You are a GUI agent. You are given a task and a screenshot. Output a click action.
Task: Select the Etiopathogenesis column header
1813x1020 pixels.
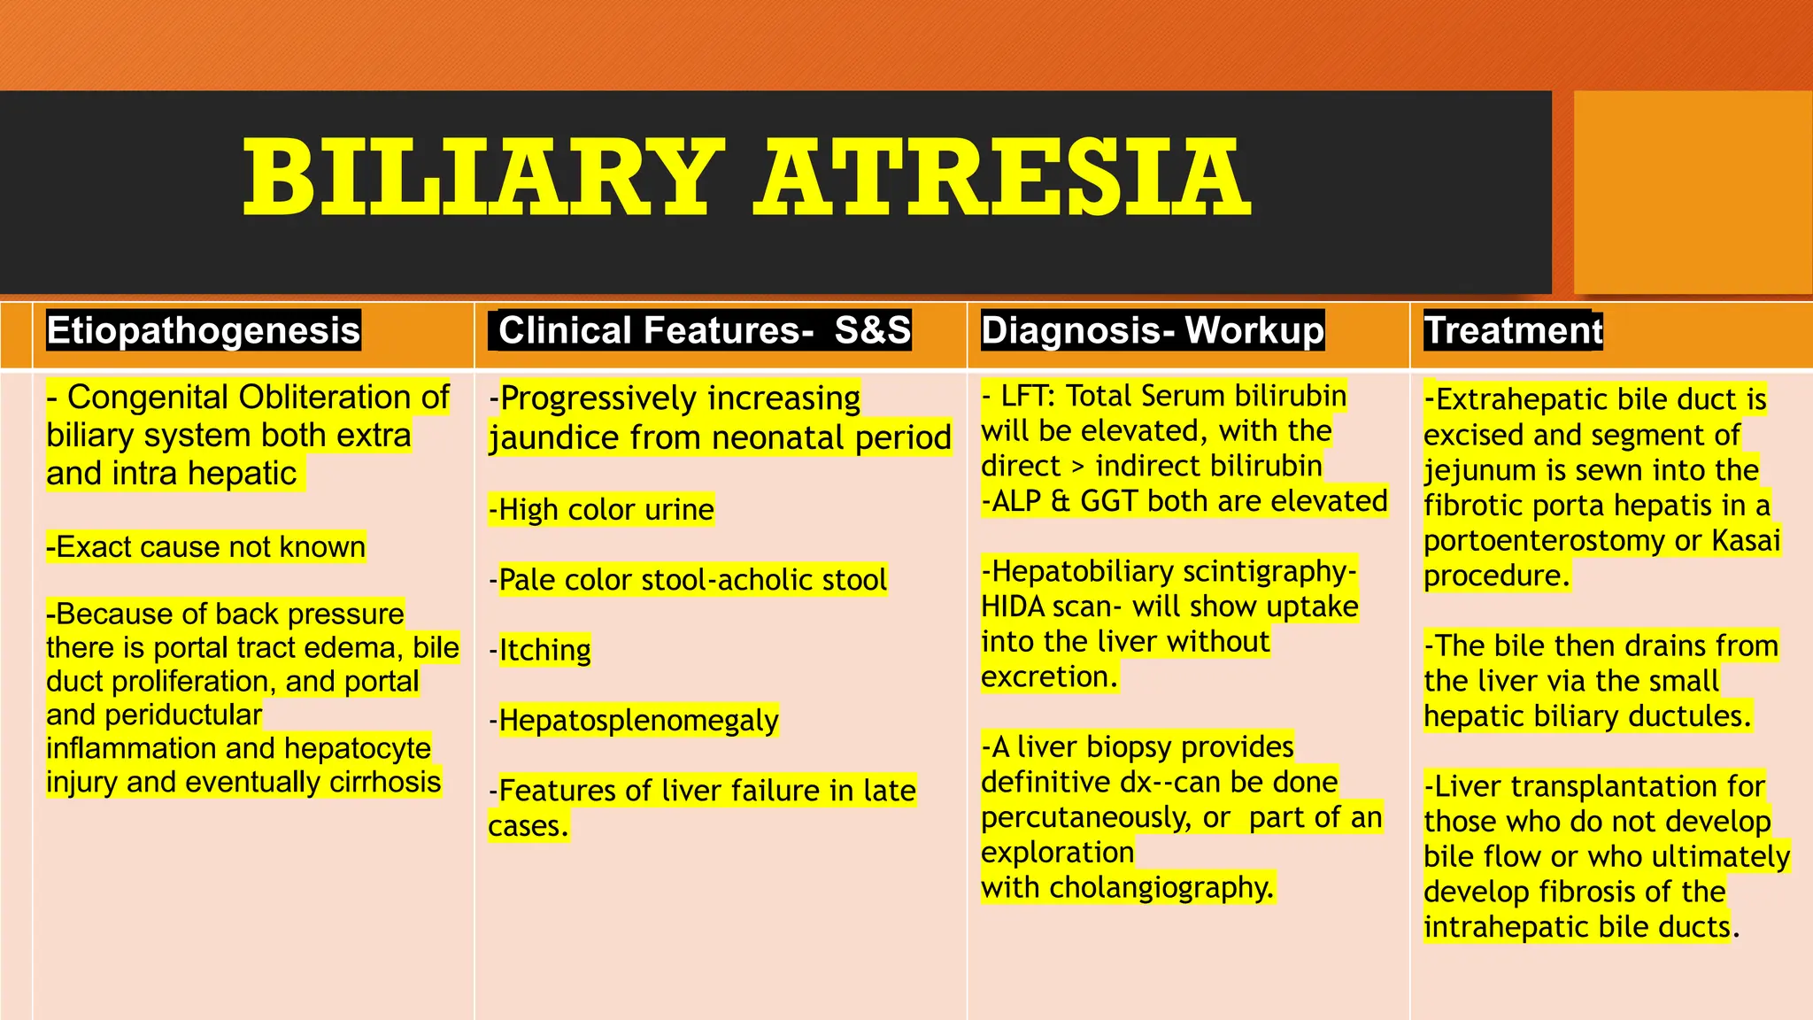(204, 330)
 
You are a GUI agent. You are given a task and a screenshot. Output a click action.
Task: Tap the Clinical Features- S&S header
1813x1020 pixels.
(704, 330)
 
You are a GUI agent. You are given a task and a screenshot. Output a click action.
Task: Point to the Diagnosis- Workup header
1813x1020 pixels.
(1153, 330)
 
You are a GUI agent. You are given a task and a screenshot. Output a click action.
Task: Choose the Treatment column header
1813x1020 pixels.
(1513, 330)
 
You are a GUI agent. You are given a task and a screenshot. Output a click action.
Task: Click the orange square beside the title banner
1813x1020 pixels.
(1693, 191)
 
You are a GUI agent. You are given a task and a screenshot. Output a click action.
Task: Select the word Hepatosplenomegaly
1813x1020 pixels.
(638, 721)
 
